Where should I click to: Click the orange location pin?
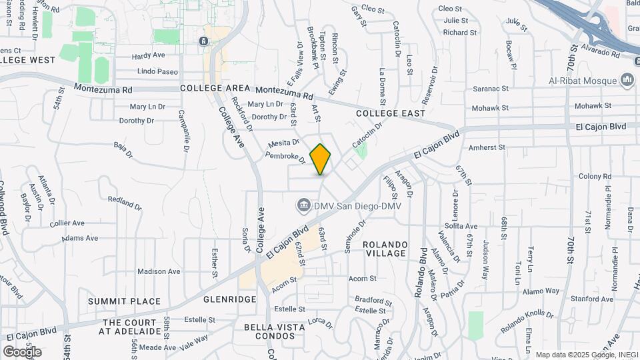point(321,159)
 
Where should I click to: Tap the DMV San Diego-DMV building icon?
point(304,203)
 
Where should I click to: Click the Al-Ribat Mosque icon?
point(626,81)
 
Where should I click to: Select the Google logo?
point(22,351)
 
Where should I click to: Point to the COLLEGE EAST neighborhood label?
point(390,113)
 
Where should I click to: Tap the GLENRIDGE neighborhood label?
point(229,299)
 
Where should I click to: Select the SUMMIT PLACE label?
point(124,301)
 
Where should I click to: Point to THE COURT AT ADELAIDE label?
point(131,327)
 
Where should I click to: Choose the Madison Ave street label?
point(159,271)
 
